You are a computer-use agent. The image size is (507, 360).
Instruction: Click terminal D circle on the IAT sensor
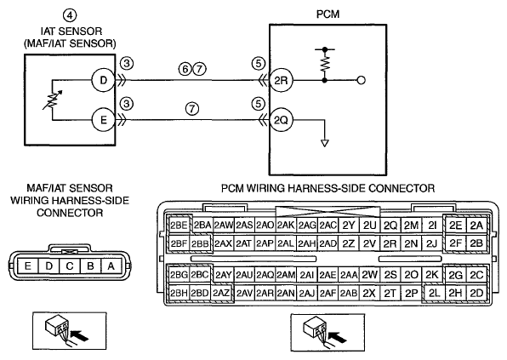104,80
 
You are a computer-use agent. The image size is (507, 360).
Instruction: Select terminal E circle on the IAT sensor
104,120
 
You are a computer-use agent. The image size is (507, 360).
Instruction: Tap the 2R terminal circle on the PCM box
281,80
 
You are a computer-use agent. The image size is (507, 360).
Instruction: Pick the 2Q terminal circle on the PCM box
281,120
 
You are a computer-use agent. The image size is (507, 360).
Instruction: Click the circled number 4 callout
70,14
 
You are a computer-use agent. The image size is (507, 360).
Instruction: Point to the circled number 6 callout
185,69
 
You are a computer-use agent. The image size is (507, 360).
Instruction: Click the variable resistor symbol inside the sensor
53,100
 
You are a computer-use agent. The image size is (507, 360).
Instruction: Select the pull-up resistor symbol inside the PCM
325,64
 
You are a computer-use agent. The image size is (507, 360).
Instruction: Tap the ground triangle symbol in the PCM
325,143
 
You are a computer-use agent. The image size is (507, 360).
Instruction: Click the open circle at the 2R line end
362,80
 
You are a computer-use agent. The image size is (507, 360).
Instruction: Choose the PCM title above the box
328,14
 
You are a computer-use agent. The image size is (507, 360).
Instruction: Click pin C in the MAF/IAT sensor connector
70,266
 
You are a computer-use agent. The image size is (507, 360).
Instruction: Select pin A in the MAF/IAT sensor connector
111,266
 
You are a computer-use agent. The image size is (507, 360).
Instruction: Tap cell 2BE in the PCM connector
179,226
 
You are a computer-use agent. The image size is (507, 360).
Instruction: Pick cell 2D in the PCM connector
476,293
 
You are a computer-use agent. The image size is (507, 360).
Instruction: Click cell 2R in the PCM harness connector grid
390,243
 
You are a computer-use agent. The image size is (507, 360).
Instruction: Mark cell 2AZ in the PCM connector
221,293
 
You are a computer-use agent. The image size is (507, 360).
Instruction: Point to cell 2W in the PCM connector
369,275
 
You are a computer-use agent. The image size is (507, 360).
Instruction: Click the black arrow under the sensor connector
79,335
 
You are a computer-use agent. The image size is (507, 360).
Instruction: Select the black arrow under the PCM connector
337,337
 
